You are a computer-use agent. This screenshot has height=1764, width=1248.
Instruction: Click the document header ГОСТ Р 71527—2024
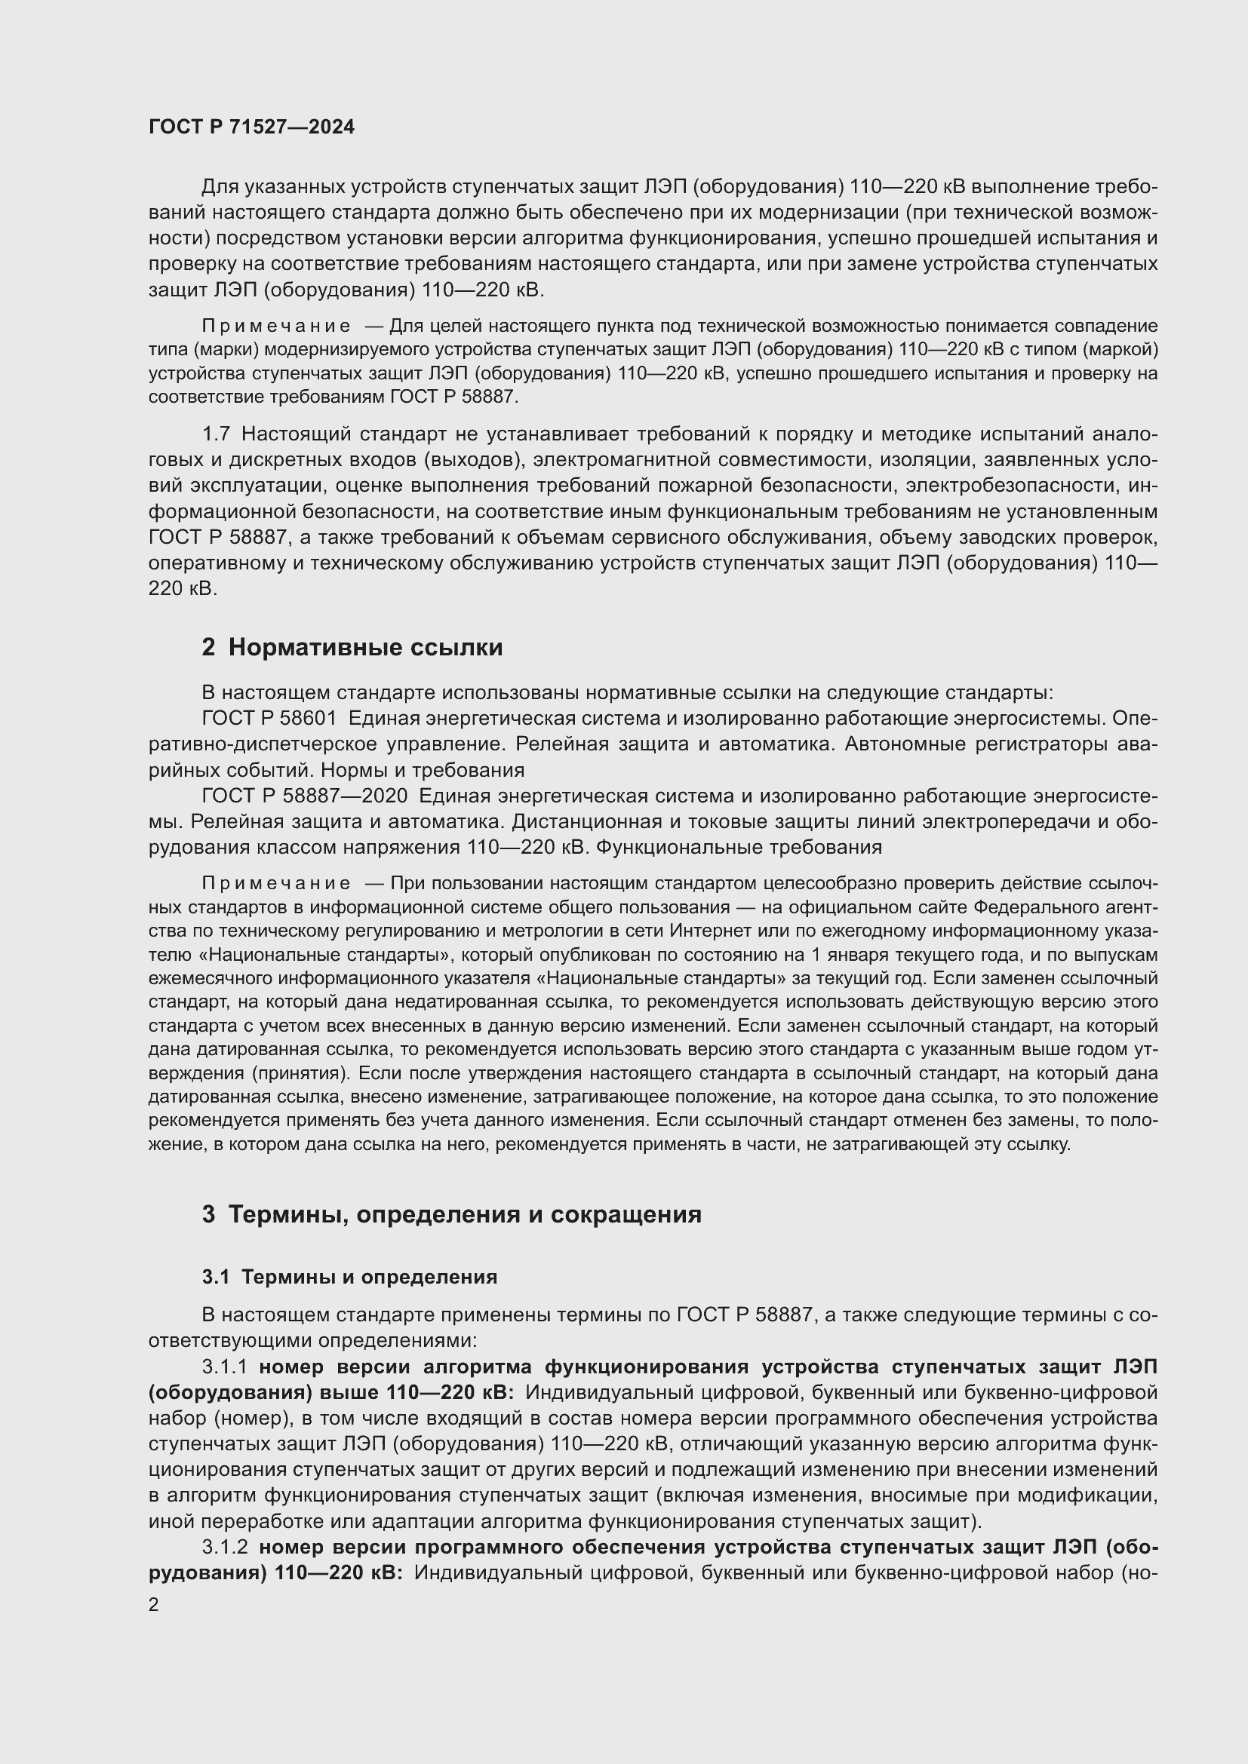tap(251, 127)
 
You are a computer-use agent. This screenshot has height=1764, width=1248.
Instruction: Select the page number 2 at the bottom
tap(154, 1605)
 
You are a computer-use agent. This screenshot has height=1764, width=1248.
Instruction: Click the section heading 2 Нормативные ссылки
tap(352, 648)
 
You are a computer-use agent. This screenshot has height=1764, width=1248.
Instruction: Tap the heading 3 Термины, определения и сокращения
tap(452, 1215)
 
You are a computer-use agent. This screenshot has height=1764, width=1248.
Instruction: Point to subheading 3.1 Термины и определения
tap(349, 1277)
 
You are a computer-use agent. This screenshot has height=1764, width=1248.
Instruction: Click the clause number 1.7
tap(216, 434)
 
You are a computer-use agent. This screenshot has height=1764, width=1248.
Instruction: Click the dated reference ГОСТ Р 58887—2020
tap(304, 796)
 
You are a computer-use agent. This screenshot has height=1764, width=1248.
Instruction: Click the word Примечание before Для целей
tap(276, 327)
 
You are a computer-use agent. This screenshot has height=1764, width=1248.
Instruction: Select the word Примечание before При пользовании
tap(276, 884)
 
